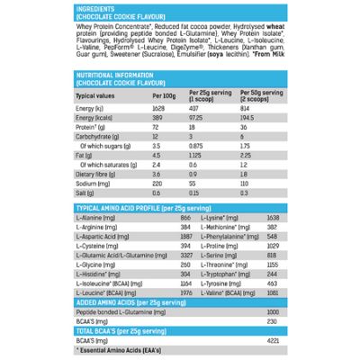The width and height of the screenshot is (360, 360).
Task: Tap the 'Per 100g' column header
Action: (x=164, y=94)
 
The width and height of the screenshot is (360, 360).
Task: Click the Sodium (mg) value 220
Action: (x=159, y=182)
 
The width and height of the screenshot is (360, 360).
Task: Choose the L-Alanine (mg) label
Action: (x=94, y=219)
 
